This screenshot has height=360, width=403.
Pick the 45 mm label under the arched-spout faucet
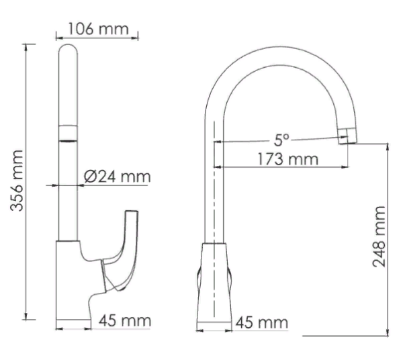[261, 323]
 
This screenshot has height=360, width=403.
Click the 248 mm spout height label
[379, 236]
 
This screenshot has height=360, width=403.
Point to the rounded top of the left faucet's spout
[69, 50]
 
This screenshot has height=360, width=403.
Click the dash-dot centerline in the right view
[214, 201]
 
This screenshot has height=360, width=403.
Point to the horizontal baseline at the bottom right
[346, 334]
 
